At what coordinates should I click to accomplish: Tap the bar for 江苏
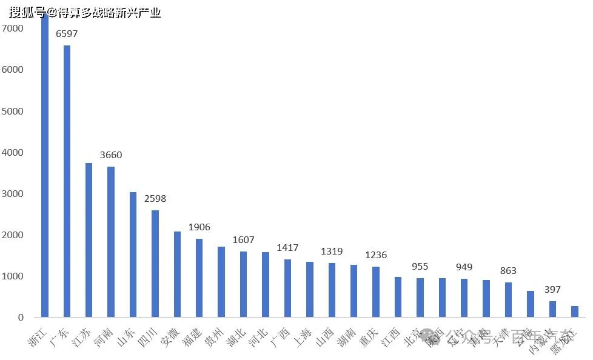[x=89, y=239]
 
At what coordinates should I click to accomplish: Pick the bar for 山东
[x=133, y=255]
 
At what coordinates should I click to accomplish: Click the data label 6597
[x=67, y=34]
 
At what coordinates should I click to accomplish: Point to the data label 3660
[x=111, y=155]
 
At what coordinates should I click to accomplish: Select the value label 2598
[x=155, y=199]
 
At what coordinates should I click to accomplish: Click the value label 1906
[x=199, y=227]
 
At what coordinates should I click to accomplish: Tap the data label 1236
[x=375, y=255]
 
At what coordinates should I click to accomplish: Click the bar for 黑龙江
[x=574, y=312]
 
